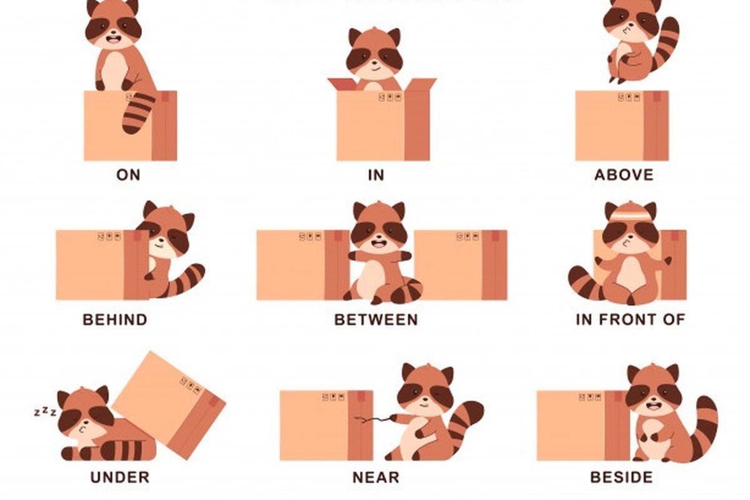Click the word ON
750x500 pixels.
coord(128,175)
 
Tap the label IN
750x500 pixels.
coord(376,175)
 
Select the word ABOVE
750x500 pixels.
coord(624,175)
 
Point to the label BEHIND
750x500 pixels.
coord(115,320)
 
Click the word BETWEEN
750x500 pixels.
coord(376,320)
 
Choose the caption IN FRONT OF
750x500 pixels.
coord(630,320)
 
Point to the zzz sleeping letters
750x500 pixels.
coord(45,412)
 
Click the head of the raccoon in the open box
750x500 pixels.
coord(374,53)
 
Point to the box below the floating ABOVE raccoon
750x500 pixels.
coord(622,126)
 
